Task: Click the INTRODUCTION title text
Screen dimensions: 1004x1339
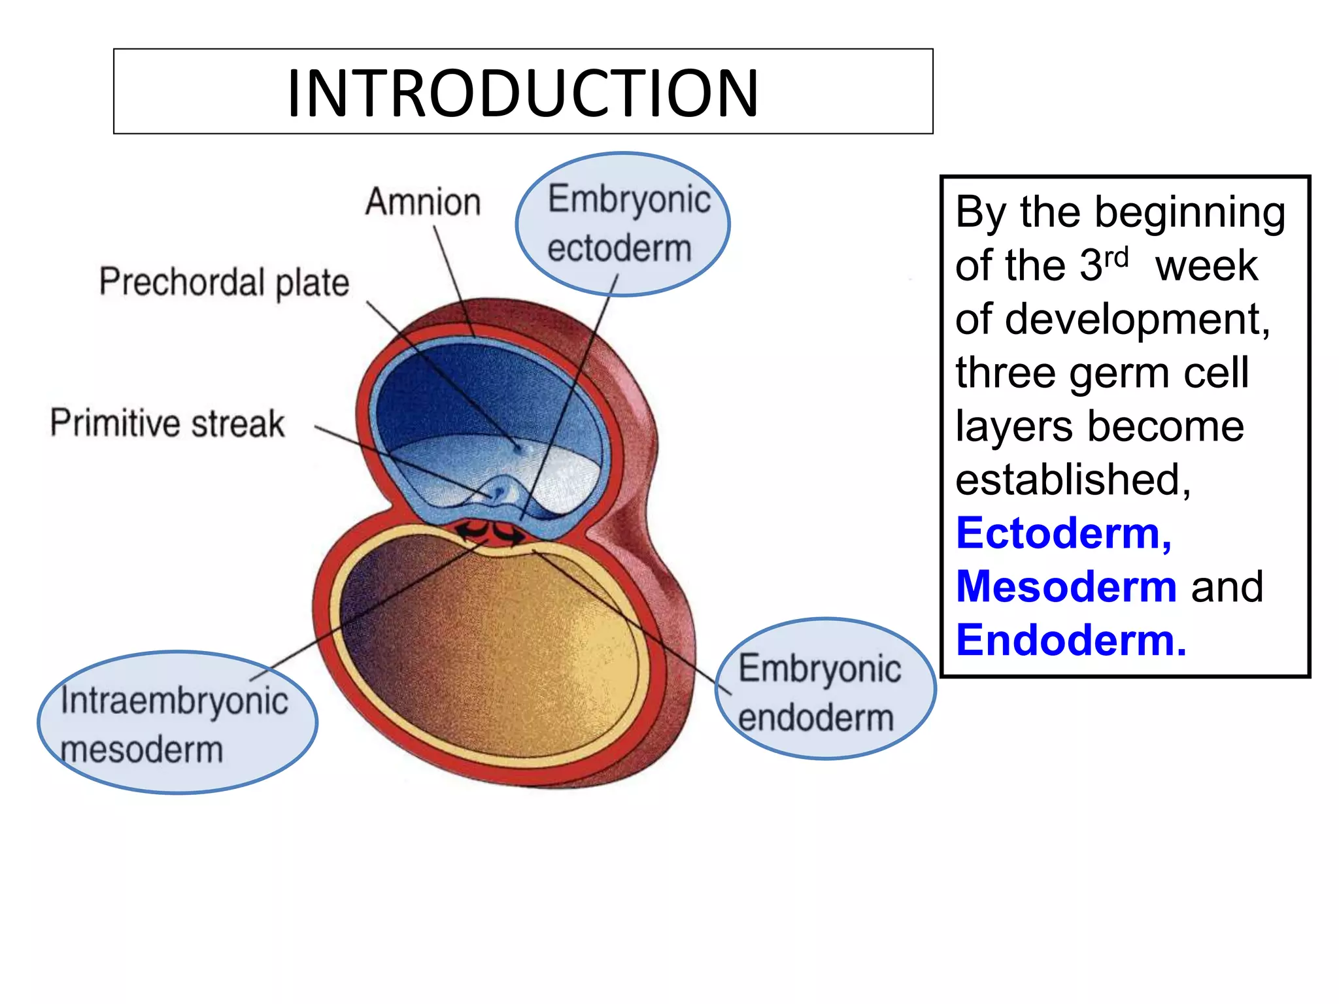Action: click(522, 93)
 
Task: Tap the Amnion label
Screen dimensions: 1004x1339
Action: click(423, 202)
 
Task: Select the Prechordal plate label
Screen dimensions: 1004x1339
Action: click(224, 282)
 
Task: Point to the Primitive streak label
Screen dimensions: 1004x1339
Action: click(167, 424)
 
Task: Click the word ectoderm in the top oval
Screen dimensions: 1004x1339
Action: click(619, 249)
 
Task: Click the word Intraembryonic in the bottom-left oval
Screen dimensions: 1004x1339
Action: click(175, 701)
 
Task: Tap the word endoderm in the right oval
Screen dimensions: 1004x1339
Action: click(816, 718)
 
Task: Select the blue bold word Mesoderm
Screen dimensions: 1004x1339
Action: click(1066, 586)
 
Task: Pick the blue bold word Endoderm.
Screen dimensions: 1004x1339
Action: click(1070, 640)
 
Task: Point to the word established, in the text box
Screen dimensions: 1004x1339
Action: click(1073, 480)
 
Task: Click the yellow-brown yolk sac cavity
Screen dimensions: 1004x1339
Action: click(497, 647)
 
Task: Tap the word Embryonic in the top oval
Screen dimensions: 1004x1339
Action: click(629, 199)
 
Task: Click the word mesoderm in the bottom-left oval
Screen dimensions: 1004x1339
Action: click(142, 750)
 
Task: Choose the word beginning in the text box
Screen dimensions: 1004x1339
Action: click(1189, 213)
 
